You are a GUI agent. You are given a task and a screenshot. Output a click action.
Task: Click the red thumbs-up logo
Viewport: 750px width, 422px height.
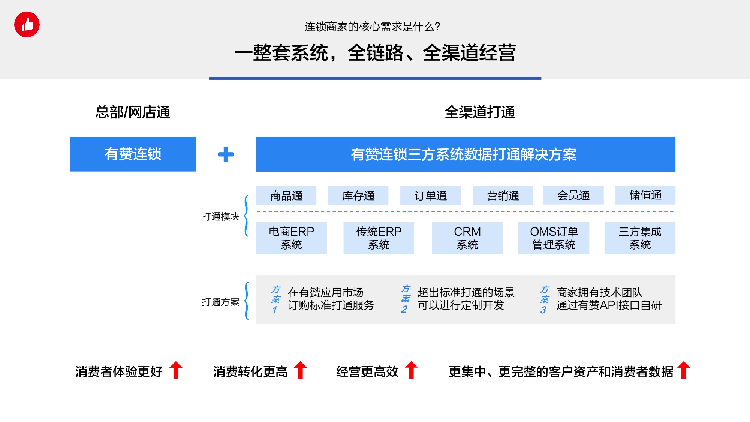pos(27,25)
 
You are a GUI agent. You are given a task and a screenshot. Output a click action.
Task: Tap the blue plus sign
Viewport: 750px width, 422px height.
pos(226,154)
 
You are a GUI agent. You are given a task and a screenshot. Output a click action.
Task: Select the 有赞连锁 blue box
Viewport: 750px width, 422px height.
pos(133,154)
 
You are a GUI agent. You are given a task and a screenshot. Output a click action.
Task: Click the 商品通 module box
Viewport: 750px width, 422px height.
pos(286,196)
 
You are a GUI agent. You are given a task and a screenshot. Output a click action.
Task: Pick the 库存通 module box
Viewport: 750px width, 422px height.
pos(358,196)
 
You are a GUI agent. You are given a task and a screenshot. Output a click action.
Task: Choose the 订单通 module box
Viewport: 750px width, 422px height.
pos(431,196)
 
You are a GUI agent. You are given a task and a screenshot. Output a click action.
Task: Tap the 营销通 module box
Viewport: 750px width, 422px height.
pos(503,196)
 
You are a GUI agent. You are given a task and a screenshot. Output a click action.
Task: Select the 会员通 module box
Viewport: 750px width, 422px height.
pos(573,195)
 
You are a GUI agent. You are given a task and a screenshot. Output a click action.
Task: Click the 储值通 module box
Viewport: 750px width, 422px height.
pos(645,195)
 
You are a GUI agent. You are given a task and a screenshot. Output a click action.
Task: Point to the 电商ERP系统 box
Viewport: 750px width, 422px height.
pos(292,238)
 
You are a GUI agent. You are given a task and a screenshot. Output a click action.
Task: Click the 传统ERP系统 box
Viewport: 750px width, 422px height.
pos(379,238)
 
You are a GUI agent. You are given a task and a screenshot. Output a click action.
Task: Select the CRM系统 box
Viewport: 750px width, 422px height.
pos(467,238)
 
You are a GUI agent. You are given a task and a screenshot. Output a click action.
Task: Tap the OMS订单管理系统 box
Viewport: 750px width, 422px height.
pos(554,238)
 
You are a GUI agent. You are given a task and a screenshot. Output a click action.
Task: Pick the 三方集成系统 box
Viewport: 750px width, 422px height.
pos(640,238)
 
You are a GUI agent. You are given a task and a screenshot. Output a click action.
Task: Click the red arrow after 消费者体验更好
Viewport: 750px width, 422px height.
pos(176,370)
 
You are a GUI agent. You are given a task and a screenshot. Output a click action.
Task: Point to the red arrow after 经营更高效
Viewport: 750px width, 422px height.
pos(412,370)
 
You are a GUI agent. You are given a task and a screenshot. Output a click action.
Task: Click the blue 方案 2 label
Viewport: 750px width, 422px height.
pos(405,299)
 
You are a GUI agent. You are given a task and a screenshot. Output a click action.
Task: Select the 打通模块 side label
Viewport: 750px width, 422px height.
pos(220,217)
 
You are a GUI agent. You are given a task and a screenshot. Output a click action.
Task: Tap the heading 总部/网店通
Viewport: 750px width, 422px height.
pos(133,112)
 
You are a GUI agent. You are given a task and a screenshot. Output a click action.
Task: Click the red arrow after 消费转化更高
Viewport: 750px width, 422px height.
pos(300,370)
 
